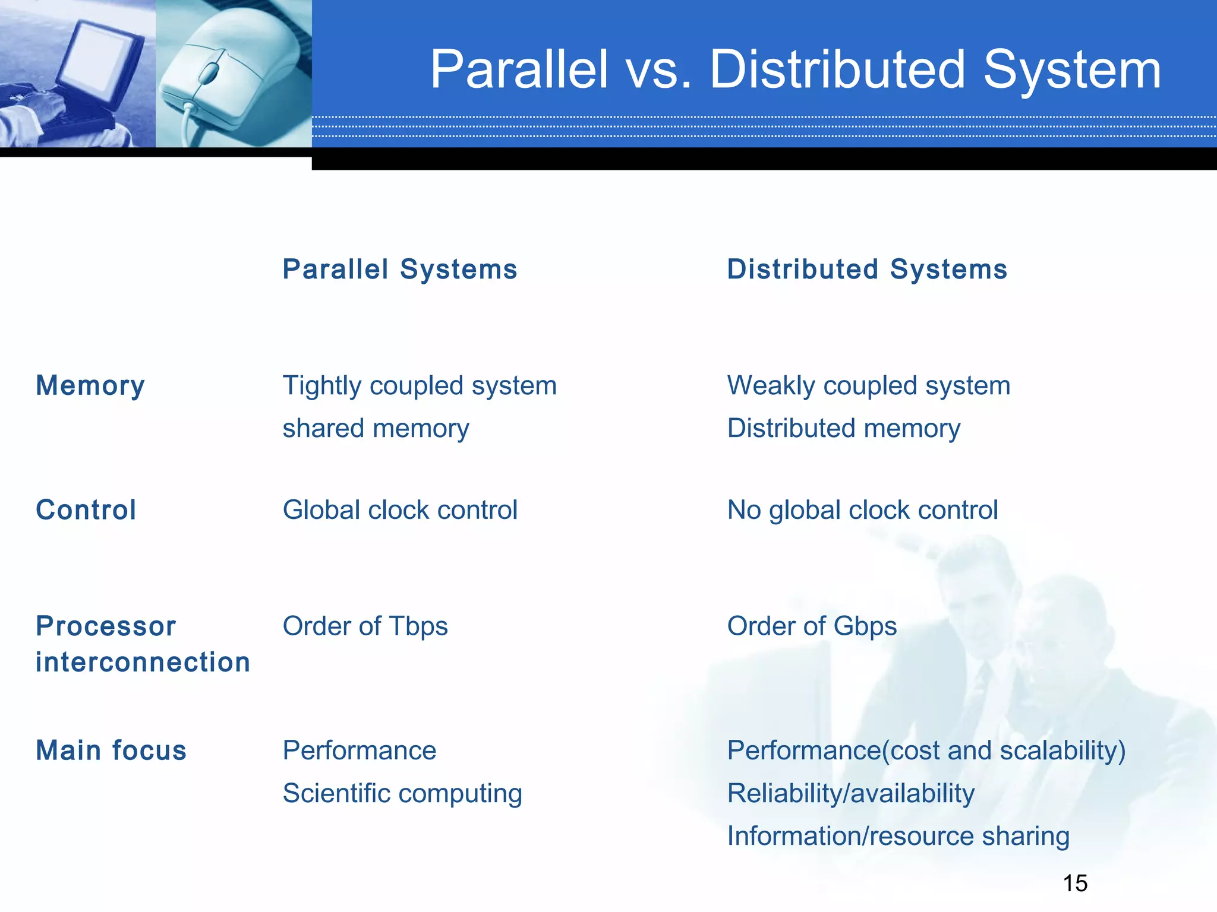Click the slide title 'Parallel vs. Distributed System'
coord(795,70)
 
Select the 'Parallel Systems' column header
coord(400,270)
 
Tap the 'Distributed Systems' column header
coord(867,270)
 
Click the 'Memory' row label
coord(90,386)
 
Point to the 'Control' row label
coord(86,510)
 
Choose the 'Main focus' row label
coord(111,750)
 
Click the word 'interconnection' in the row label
coord(143,663)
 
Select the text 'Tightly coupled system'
coord(420,386)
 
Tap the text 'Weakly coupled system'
coord(869,386)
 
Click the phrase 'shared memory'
coord(376,429)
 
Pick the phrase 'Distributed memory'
coord(844,429)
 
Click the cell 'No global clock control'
coord(862,510)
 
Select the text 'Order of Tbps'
coord(365,626)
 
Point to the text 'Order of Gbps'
coord(812,626)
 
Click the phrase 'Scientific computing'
coord(402,793)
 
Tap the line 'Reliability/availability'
coord(851,793)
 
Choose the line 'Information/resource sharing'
coord(898,836)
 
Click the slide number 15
coord(1075,883)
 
